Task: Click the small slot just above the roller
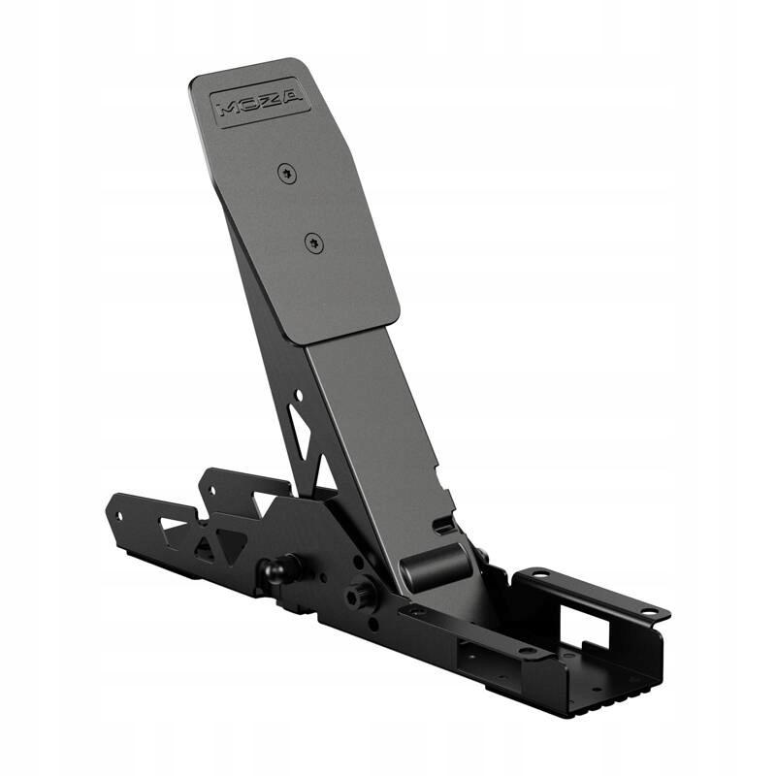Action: point(443,527)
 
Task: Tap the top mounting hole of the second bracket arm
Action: point(207,480)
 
